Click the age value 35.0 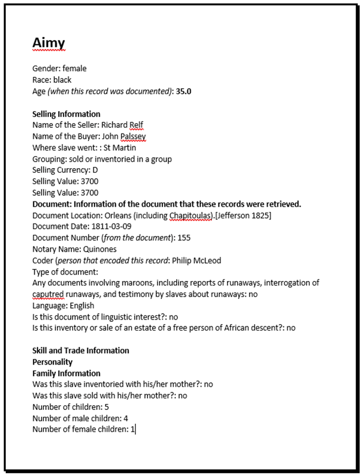pyautogui.click(x=183, y=91)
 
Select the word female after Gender pyautogui.click(x=75, y=69)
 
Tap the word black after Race pyautogui.click(x=62, y=80)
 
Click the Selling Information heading pyautogui.click(x=66, y=114)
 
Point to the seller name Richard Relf pyautogui.click(x=123, y=125)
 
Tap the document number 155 pyautogui.click(x=184, y=238)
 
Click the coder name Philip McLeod pyautogui.click(x=196, y=260)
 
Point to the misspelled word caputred pyautogui.click(x=49, y=294)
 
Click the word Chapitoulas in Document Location pyautogui.click(x=191, y=215)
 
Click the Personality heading pyautogui.click(x=52, y=362)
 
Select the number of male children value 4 pyautogui.click(x=126, y=418)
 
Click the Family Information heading pyautogui.click(x=66, y=373)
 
